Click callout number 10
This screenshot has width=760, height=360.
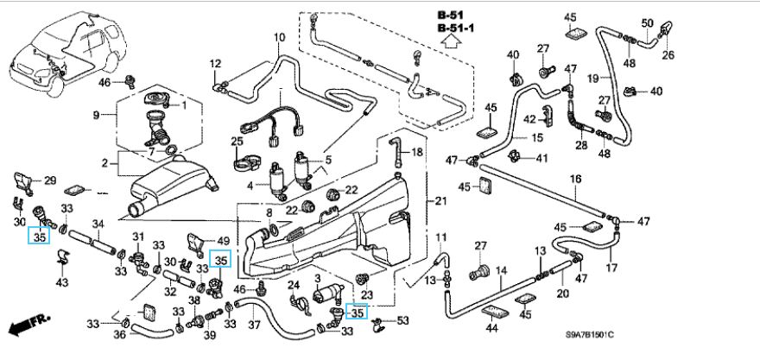point(279,37)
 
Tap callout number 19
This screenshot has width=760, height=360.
point(593,78)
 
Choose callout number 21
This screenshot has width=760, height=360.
point(441,201)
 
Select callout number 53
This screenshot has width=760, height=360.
point(402,322)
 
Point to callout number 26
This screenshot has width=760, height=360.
point(667,56)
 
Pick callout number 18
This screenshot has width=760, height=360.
point(416,153)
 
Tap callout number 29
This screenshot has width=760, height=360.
point(49,180)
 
